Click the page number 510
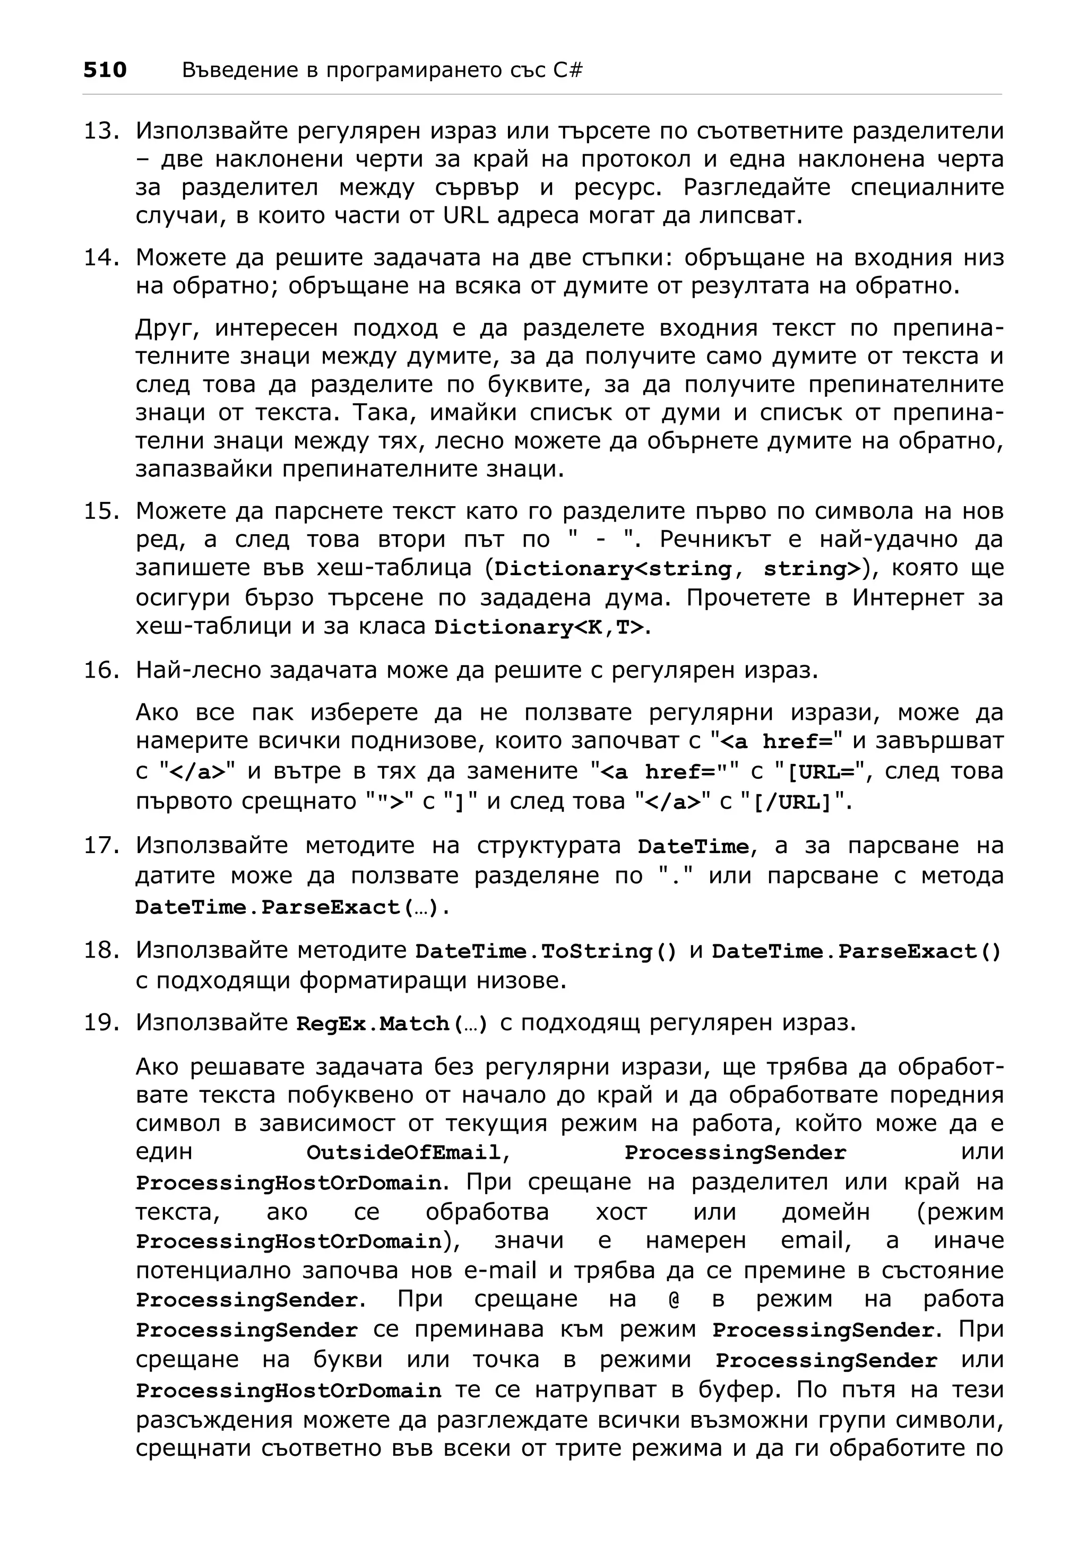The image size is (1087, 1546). pos(105,70)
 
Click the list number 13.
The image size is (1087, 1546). pos(101,131)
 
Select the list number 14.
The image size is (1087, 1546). pos(101,257)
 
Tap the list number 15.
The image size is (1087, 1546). pos(101,511)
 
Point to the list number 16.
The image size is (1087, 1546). pos(101,670)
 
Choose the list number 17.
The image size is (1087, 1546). pos(101,845)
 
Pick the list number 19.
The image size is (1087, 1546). pos(101,1022)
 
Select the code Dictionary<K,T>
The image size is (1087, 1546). pos(539,627)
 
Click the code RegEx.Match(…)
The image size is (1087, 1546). pos(393,1023)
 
